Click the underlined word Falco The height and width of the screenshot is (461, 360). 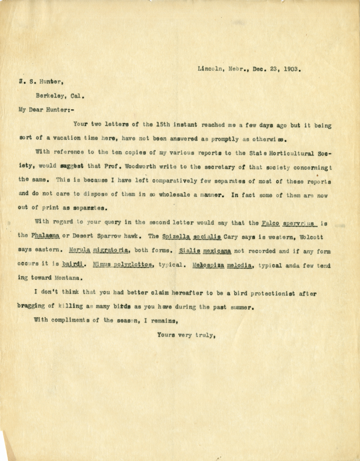pos(271,224)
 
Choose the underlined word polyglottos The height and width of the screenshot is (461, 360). pos(129,266)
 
